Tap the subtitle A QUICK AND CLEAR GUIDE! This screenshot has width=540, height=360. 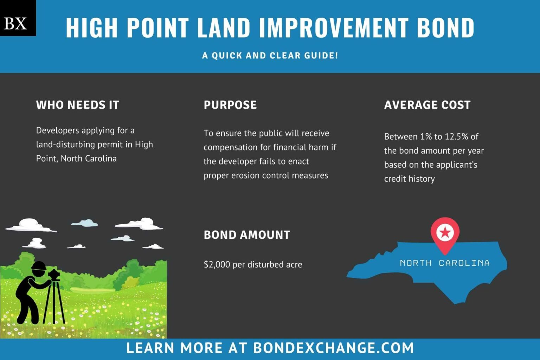[x=270, y=55]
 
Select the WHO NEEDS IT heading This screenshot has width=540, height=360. [x=78, y=105]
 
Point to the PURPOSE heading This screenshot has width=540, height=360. [x=230, y=105]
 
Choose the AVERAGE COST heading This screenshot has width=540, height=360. [x=427, y=105]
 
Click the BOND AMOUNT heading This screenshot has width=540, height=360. [x=247, y=235]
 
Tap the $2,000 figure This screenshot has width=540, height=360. [x=217, y=264]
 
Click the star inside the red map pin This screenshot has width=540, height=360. [x=445, y=232]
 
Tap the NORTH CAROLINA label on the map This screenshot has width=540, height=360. [x=445, y=263]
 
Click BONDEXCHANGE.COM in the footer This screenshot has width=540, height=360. [x=333, y=348]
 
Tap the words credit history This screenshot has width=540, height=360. [x=409, y=179]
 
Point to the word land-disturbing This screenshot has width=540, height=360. [x=63, y=144]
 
